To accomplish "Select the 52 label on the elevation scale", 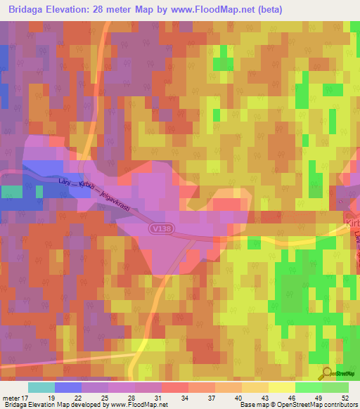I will (345, 397).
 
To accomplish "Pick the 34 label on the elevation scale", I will (184, 397).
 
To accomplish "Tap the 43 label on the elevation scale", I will (264, 397).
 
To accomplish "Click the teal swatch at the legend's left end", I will (41, 387).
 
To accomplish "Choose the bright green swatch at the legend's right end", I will (335, 387).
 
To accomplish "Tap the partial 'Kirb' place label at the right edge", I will (352, 223).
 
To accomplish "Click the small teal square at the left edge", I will (10, 192).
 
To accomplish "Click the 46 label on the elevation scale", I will (290, 397).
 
